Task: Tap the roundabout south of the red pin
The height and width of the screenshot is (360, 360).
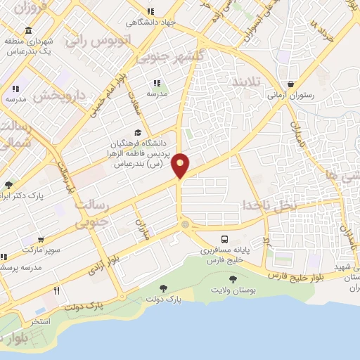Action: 185,225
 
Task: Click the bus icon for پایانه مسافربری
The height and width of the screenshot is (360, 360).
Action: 224,239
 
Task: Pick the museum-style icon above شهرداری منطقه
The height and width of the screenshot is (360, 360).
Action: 27,31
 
